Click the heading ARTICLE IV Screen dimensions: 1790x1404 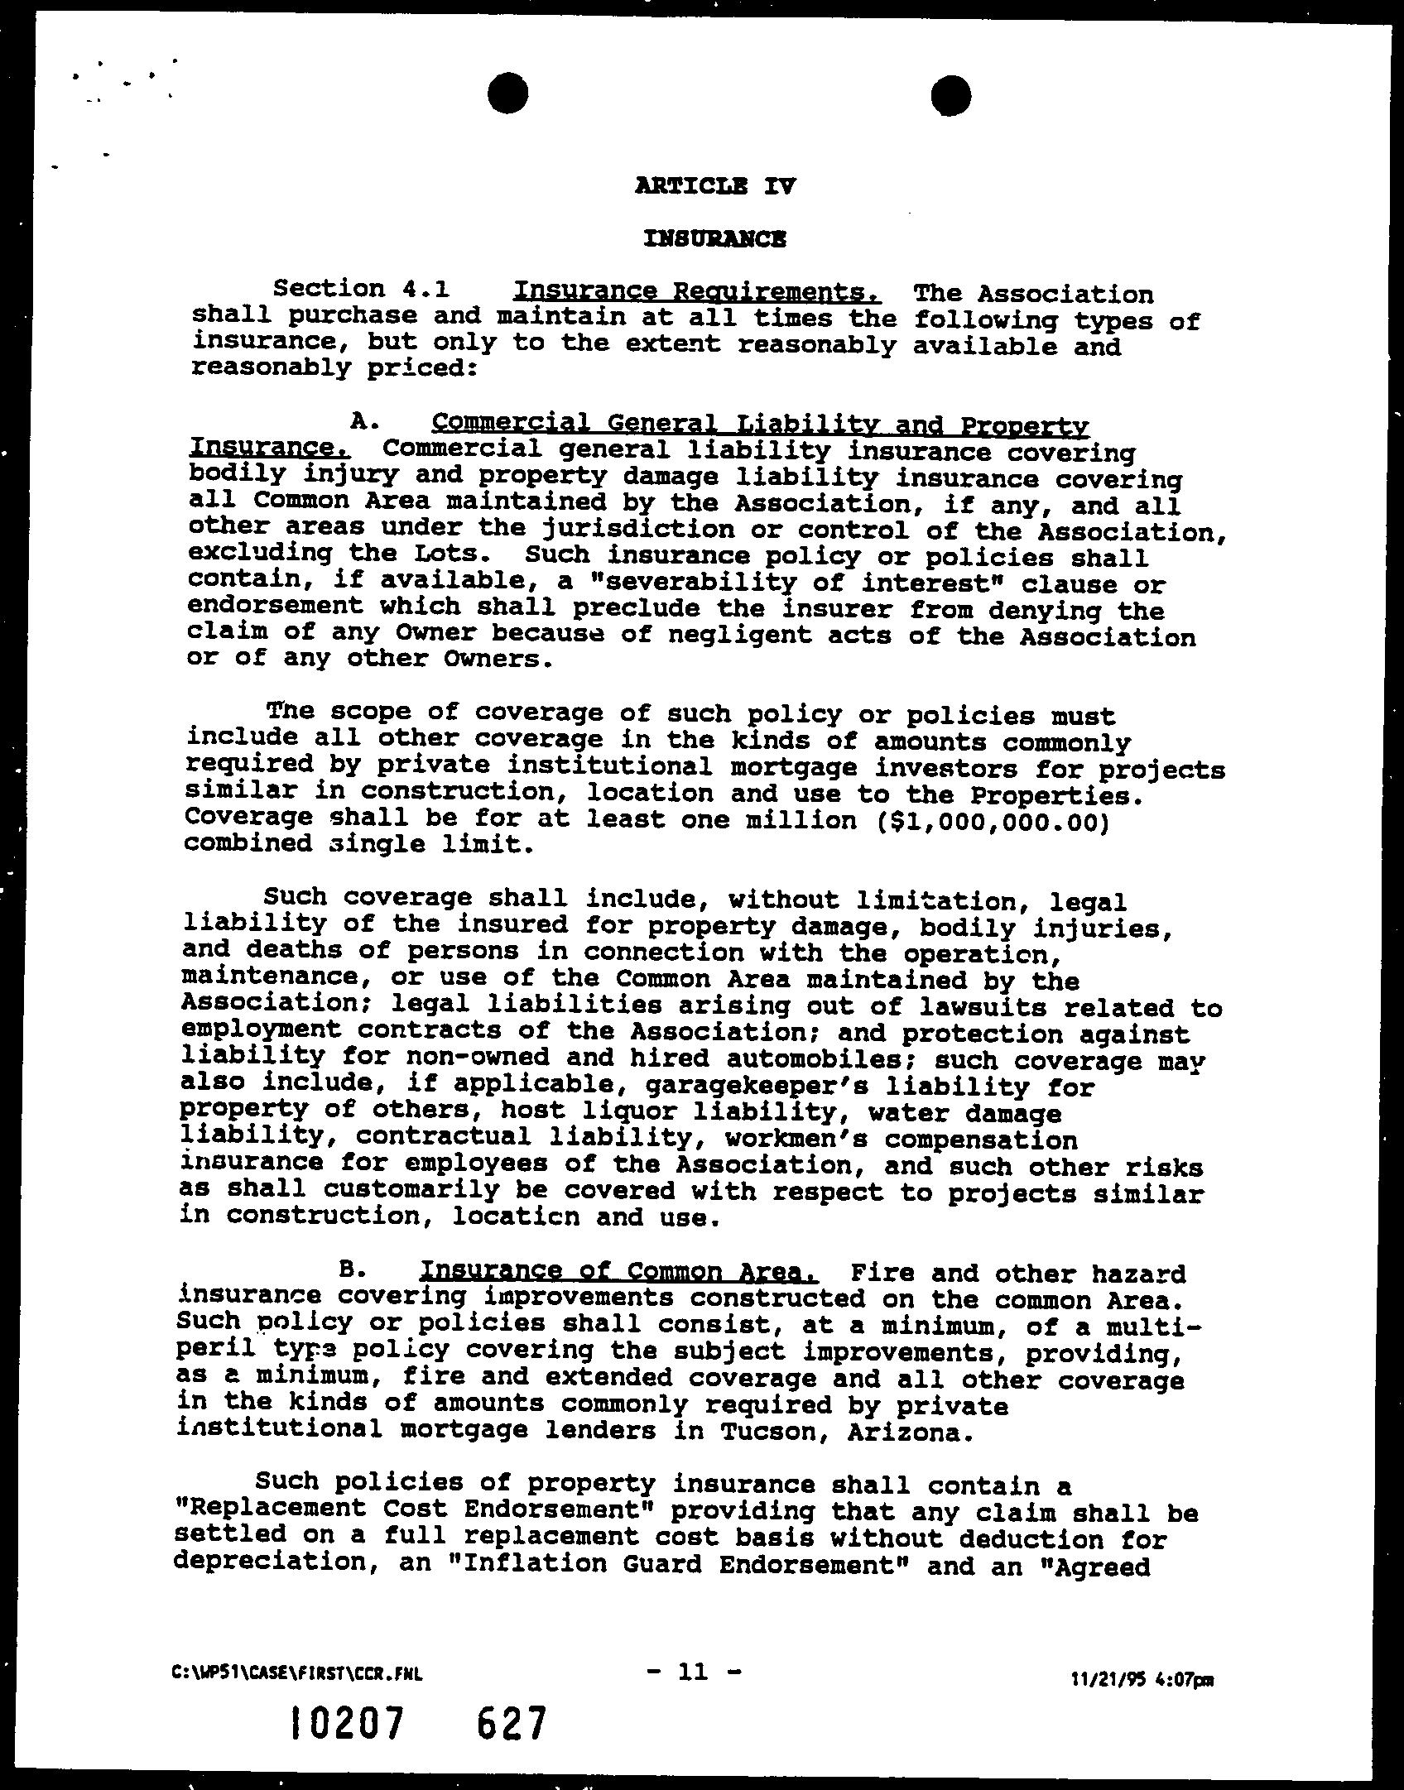(x=715, y=185)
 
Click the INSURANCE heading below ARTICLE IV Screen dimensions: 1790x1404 (x=715, y=239)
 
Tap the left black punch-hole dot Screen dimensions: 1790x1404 (x=507, y=94)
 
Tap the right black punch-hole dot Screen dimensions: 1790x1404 (x=950, y=94)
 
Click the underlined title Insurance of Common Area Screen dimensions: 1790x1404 (x=619, y=1271)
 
